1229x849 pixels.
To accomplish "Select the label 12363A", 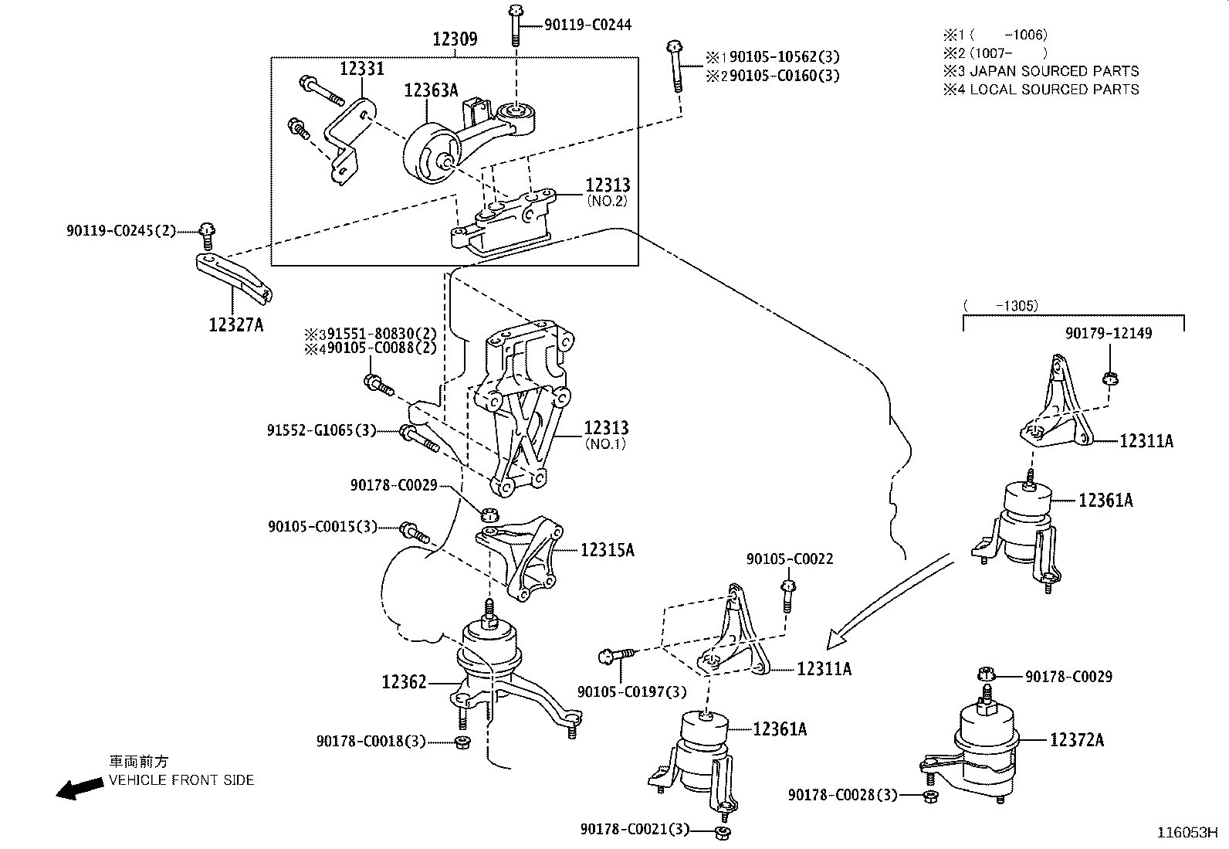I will pyautogui.click(x=432, y=91).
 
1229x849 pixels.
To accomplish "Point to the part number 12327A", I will pyautogui.click(x=235, y=324).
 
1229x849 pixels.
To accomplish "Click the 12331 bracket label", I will pyautogui.click(x=361, y=69).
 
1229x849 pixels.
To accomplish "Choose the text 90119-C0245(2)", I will pyautogui.click(x=121, y=230).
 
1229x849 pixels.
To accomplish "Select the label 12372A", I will pyautogui.click(x=1076, y=740).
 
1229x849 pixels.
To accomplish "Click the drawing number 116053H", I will pyautogui.click(x=1187, y=833).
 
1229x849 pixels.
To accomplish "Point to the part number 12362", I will pyautogui.click(x=404, y=682).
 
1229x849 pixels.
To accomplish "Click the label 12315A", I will pyautogui.click(x=607, y=550).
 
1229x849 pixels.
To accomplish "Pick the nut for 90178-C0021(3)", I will pyautogui.click(x=723, y=833).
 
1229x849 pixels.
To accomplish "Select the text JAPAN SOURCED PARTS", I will pyautogui.click(x=1054, y=71).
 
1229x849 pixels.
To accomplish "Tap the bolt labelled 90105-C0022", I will pyautogui.click(x=787, y=593).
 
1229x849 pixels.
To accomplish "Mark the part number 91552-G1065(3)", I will pyautogui.click(x=321, y=430).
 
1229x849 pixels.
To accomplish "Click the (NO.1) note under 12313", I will pyautogui.click(x=606, y=444).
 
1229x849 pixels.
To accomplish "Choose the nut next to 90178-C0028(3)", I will pyautogui.click(x=930, y=796).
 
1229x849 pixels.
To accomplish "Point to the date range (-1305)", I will pyautogui.click(x=1000, y=306).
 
